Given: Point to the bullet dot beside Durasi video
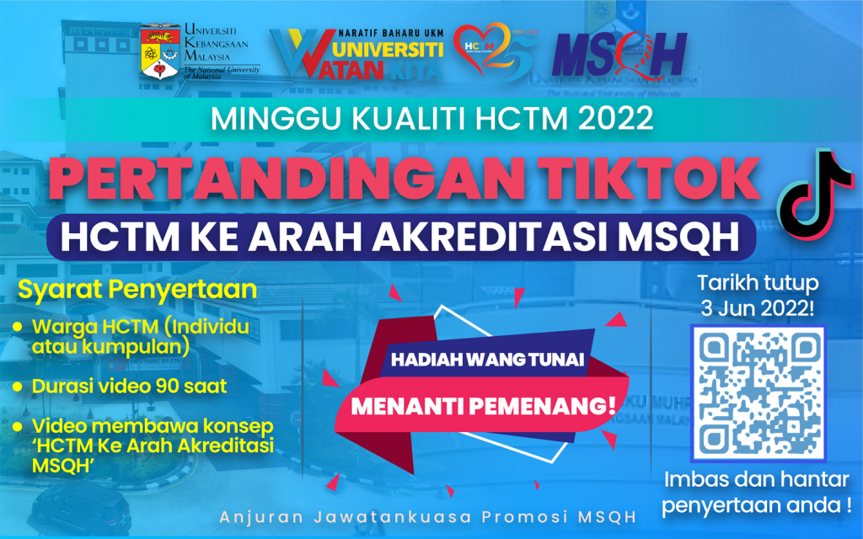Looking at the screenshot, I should pos(16,387).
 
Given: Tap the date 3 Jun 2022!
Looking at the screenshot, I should pos(753,308).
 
